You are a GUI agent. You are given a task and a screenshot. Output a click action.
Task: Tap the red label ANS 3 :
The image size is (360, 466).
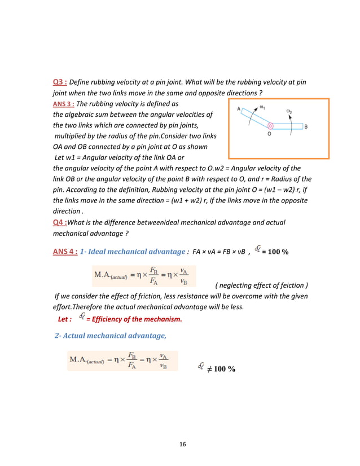click(x=63, y=104)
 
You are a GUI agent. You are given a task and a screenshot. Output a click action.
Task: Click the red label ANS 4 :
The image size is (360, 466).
click(x=65, y=251)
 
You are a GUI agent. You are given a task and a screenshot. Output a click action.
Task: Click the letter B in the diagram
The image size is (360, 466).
click(x=305, y=126)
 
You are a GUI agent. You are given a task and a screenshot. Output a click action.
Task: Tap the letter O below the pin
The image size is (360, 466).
click(x=269, y=134)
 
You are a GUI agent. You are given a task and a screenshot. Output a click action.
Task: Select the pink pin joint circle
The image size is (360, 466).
click(x=270, y=126)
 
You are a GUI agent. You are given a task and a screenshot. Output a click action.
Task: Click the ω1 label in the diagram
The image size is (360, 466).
click(x=262, y=107)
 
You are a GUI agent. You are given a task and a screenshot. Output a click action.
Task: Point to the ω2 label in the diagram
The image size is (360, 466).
click(x=289, y=112)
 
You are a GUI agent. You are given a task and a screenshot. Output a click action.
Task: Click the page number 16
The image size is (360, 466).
click(x=182, y=445)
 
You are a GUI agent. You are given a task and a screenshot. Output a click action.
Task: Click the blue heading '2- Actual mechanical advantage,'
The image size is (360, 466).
click(x=110, y=336)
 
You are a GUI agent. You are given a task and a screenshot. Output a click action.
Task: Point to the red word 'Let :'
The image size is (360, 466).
click(x=65, y=319)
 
